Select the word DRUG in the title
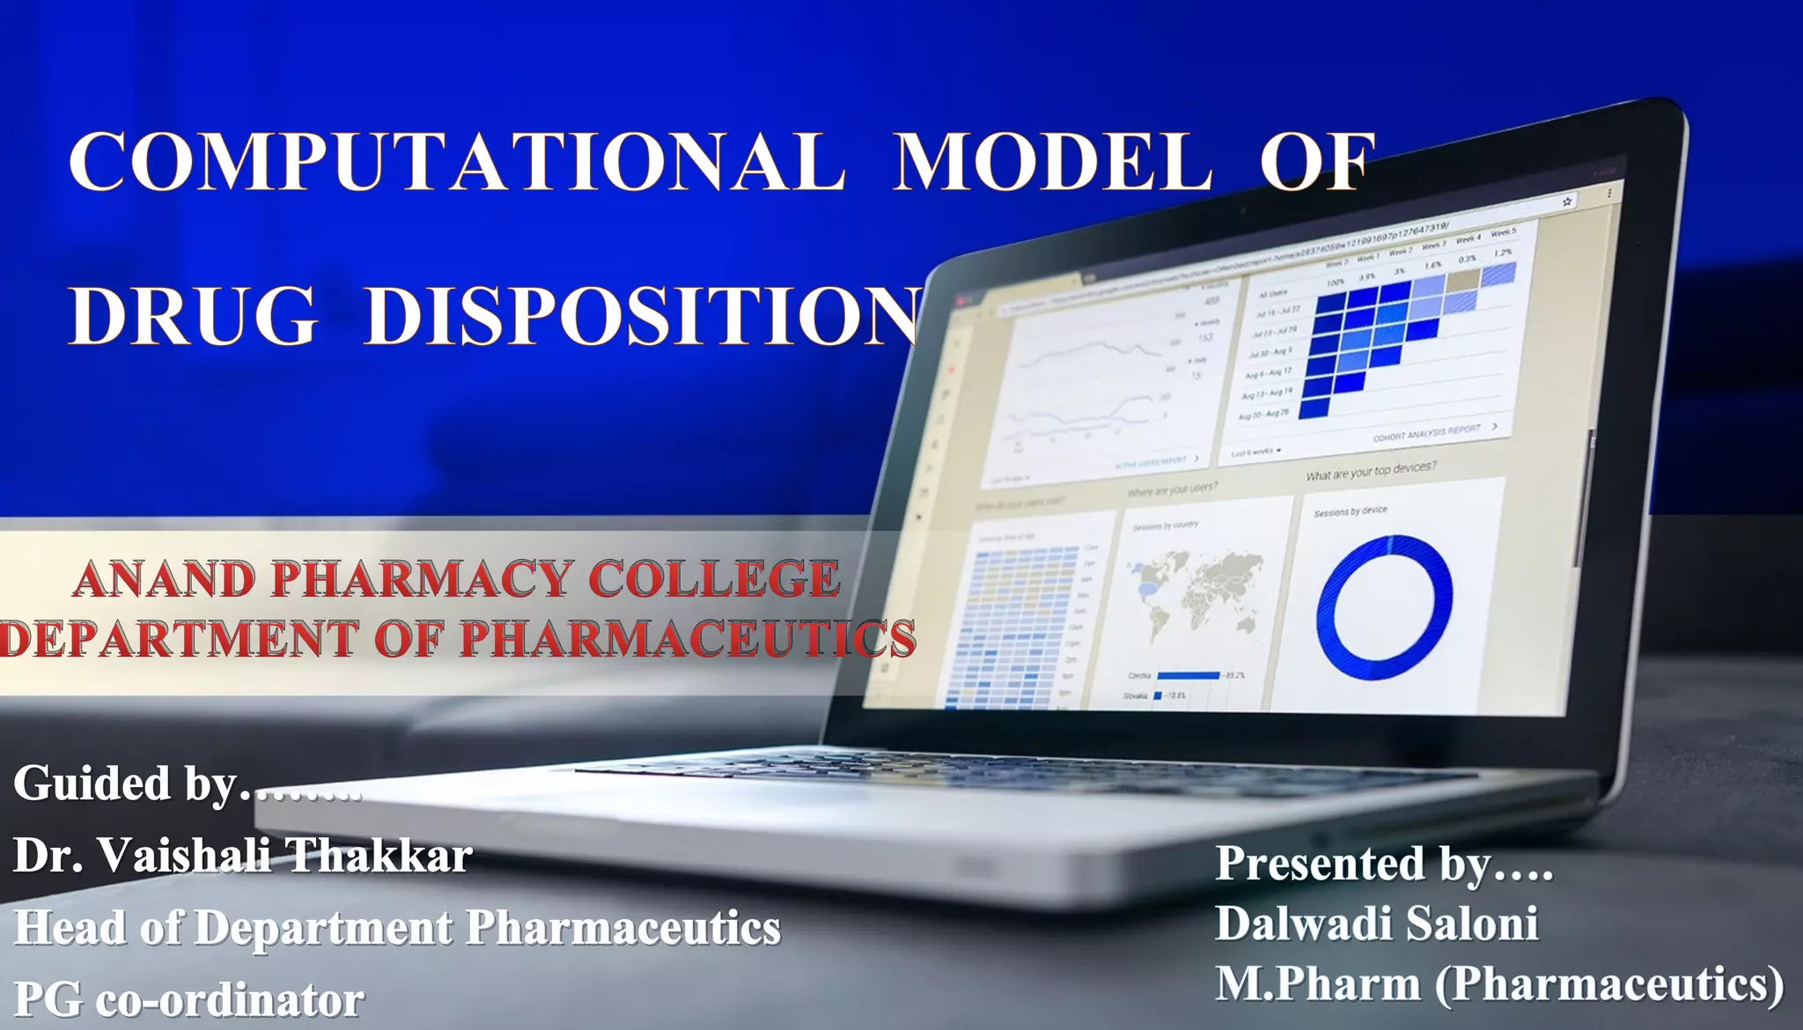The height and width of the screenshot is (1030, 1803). point(193,315)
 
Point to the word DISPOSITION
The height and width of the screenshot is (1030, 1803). point(641,315)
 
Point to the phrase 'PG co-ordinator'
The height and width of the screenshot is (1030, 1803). point(188,1000)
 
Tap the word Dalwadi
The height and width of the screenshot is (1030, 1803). point(1302,923)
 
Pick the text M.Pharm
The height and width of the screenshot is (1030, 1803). point(1317,983)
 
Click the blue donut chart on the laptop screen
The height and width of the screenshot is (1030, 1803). point(1384,607)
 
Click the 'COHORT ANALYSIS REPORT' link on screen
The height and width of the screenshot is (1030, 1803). point(1426,432)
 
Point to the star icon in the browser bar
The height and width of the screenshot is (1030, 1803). point(1567,202)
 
